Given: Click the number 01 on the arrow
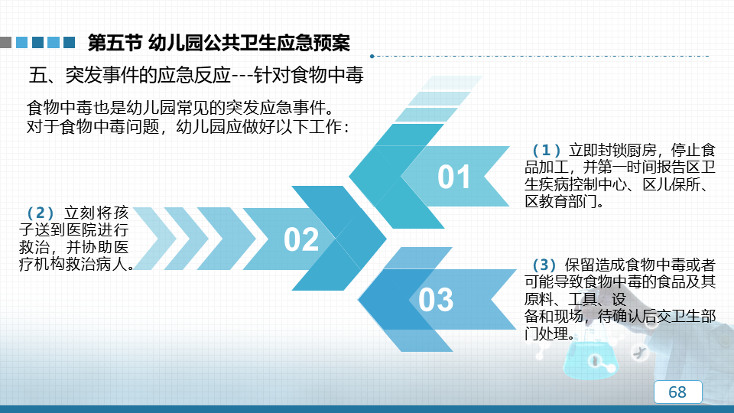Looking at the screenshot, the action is tap(453, 177).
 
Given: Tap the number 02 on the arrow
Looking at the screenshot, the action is tap(301, 239).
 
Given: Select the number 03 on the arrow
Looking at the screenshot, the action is tap(436, 300).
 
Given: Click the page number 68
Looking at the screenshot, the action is tap(677, 392).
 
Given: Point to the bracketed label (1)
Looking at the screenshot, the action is tap(546, 150).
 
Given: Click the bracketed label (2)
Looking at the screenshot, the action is tap(41, 213).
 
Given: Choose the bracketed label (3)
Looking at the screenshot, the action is tap(544, 265).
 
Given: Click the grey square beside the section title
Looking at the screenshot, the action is tap(5, 43).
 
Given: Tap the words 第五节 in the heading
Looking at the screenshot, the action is tap(115, 43).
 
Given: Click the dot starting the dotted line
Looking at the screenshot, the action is tap(372, 56).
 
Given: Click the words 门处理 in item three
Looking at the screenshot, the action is tap(547, 334).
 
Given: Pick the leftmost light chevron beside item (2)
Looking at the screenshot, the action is tap(155, 239).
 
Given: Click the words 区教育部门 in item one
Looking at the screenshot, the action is tap(560, 201).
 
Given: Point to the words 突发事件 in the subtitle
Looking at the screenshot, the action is tap(102, 75).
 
